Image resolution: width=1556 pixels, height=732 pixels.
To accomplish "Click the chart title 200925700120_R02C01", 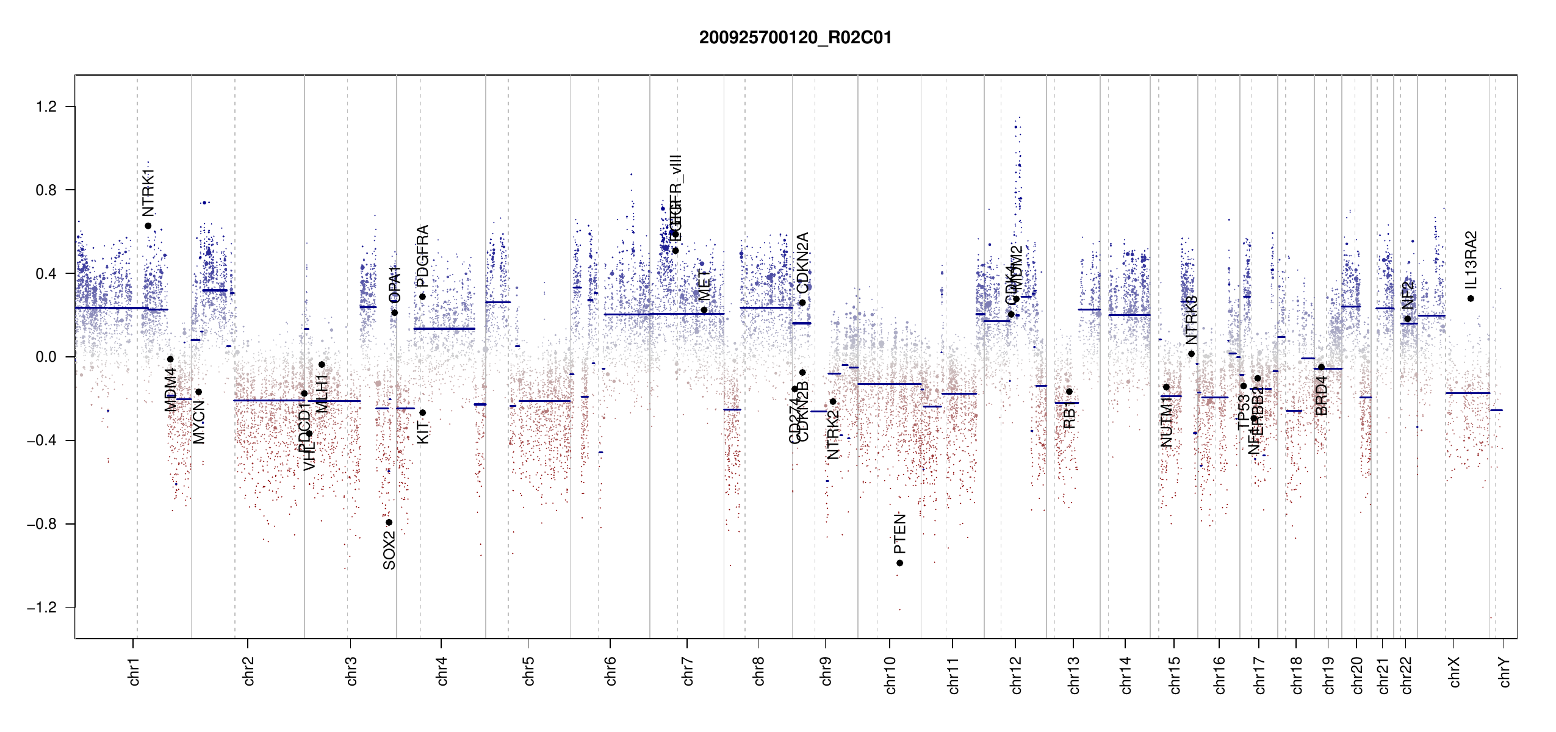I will click(795, 38).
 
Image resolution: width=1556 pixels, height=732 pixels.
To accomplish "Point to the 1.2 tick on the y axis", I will click(46, 107).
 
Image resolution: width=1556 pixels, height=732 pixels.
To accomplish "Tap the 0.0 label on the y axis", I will click(46, 357).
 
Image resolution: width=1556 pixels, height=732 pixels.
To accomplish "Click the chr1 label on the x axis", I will click(134, 672).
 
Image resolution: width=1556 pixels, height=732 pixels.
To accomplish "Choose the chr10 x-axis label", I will click(890, 675).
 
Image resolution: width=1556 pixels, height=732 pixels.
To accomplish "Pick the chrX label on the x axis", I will click(1455, 672).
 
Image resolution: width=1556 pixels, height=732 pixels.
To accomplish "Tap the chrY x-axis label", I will click(1505, 672).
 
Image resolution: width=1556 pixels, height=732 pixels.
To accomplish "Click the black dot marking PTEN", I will click(899, 563).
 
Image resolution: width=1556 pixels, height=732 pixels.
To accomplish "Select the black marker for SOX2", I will click(389, 522).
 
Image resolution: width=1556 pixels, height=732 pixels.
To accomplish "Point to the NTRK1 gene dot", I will click(148, 226).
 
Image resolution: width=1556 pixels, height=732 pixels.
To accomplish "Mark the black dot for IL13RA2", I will click(1471, 299).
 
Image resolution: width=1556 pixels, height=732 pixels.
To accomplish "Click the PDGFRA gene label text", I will click(422, 256).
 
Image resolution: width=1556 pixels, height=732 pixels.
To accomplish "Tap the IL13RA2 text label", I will click(1471, 260).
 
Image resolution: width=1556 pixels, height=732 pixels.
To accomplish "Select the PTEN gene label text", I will click(900, 533).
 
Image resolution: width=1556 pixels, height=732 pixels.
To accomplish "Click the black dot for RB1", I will click(1069, 392).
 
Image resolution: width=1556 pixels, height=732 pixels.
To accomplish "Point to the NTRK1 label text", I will click(148, 193).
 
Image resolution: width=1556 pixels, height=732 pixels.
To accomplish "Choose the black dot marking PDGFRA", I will click(422, 297).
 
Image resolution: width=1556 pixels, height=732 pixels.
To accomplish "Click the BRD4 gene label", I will click(1322, 396).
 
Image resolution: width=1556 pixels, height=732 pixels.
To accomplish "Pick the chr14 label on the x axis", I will click(1126, 675).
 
